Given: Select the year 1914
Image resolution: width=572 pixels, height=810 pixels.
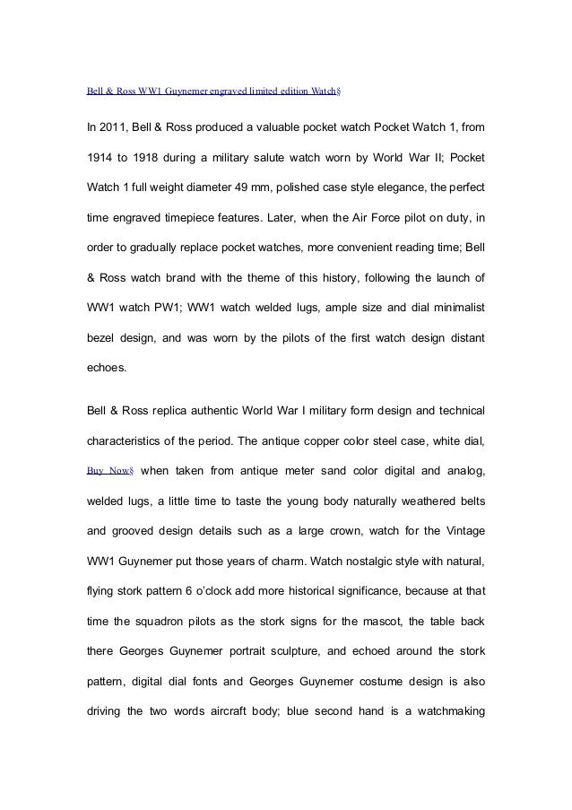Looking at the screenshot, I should [x=99, y=159].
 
